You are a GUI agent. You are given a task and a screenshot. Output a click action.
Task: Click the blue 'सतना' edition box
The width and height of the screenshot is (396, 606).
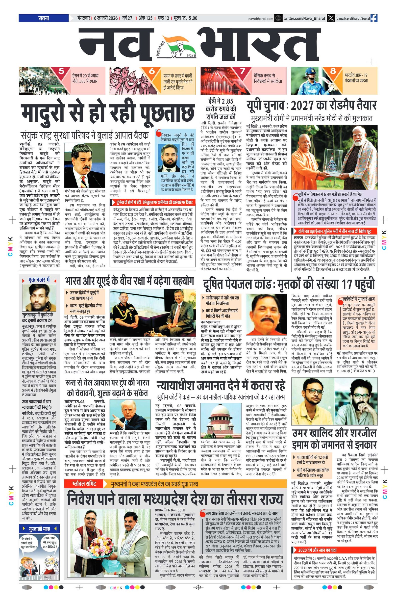(44, 18)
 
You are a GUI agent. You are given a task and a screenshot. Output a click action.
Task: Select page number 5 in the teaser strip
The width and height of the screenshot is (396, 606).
(61, 71)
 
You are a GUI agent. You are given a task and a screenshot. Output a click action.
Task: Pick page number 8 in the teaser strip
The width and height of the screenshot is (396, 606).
(333, 71)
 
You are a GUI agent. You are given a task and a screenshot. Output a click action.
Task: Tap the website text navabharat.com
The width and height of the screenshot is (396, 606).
(261, 19)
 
